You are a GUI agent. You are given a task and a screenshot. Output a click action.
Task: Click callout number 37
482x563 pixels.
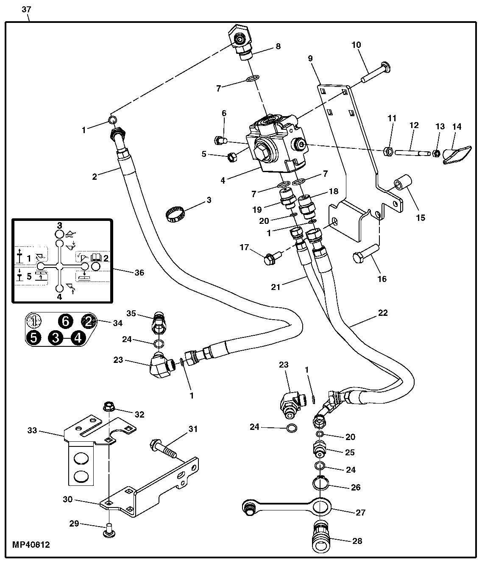pos(26,9)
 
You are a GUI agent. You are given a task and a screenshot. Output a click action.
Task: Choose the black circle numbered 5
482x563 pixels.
pos(33,337)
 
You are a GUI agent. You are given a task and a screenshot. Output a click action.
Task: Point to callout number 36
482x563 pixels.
pos(139,272)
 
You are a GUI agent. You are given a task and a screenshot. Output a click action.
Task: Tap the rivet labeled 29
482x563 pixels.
pos(109,530)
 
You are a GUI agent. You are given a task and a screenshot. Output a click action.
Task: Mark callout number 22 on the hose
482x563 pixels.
pos(383,313)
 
